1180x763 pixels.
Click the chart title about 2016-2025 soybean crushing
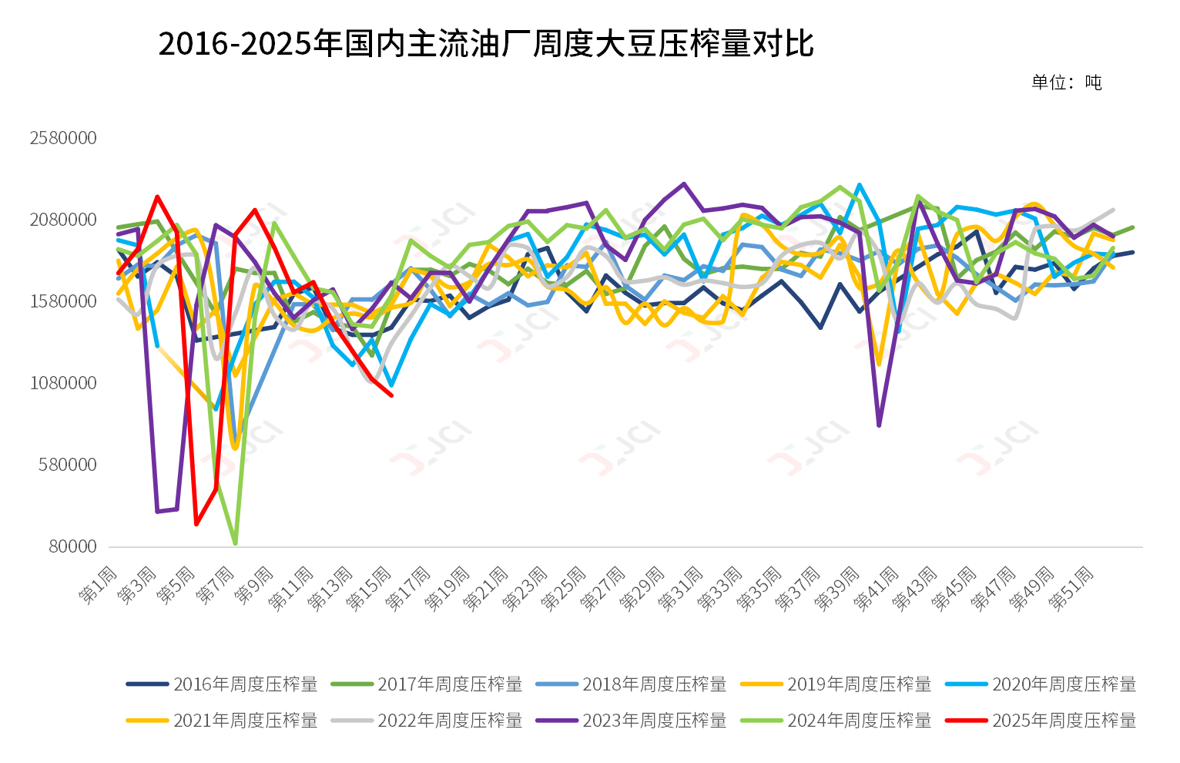click(x=485, y=44)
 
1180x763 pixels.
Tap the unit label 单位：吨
click(x=1067, y=82)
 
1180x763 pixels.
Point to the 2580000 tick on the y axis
click(x=63, y=138)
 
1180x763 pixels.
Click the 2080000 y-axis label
click(x=63, y=220)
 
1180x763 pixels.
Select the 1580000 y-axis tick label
click(x=63, y=301)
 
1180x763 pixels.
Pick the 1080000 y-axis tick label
click(x=63, y=383)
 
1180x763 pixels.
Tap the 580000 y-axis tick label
click(x=68, y=465)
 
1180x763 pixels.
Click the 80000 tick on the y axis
click(x=72, y=546)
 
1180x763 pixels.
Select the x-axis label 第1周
click(x=99, y=586)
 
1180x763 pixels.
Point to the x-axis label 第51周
click(x=1071, y=590)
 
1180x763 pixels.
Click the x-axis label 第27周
click(x=604, y=590)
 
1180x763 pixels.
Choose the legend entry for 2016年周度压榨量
click(x=223, y=684)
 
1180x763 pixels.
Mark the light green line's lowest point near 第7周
click(x=235, y=543)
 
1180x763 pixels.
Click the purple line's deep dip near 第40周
click(x=879, y=425)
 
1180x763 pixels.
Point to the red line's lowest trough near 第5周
click(x=196, y=524)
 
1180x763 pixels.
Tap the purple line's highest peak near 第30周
click(x=684, y=183)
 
